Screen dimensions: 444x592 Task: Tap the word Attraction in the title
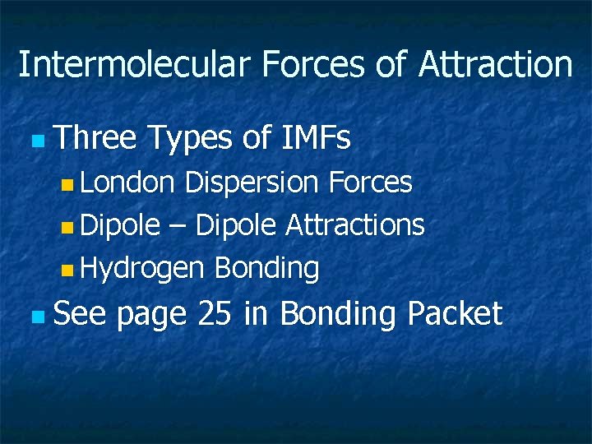tap(495, 64)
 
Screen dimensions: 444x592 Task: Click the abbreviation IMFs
tap(316, 139)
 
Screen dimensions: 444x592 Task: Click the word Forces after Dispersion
tap(370, 183)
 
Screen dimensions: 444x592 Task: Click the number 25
tap(215, 313)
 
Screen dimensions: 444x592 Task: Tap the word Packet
tap(454, 313)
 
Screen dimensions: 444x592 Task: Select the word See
tap(79, 313)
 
